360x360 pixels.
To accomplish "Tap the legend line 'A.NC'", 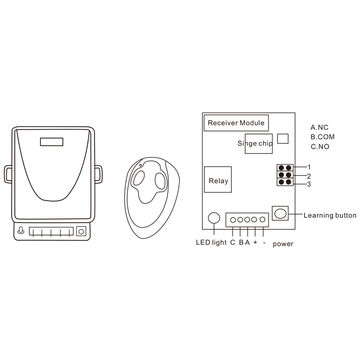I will coord(321,127).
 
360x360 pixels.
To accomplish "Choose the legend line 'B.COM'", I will coord(324,137).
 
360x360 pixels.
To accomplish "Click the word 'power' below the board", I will coord(283,243).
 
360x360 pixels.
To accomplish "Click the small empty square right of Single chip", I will coord(282,141).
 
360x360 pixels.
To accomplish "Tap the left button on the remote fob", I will coord(138,179).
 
